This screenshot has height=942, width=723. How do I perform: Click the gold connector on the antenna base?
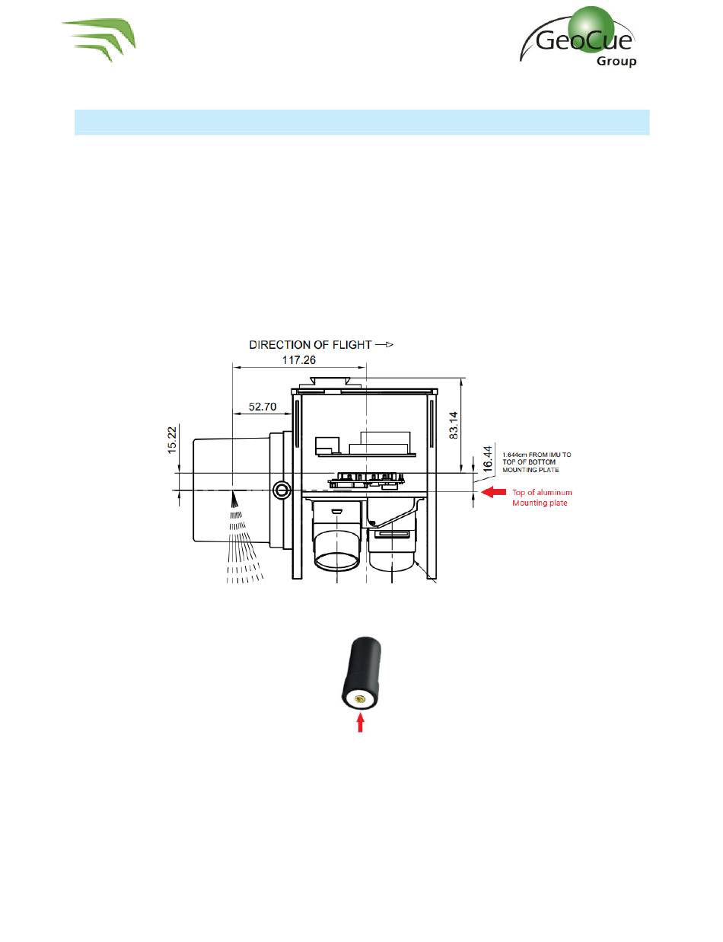[x=360, y=697]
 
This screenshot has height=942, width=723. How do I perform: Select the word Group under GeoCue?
[x=617, y=60]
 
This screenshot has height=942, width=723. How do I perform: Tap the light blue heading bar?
[x=361, y=123]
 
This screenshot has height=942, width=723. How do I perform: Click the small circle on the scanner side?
[x=281, y=488]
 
